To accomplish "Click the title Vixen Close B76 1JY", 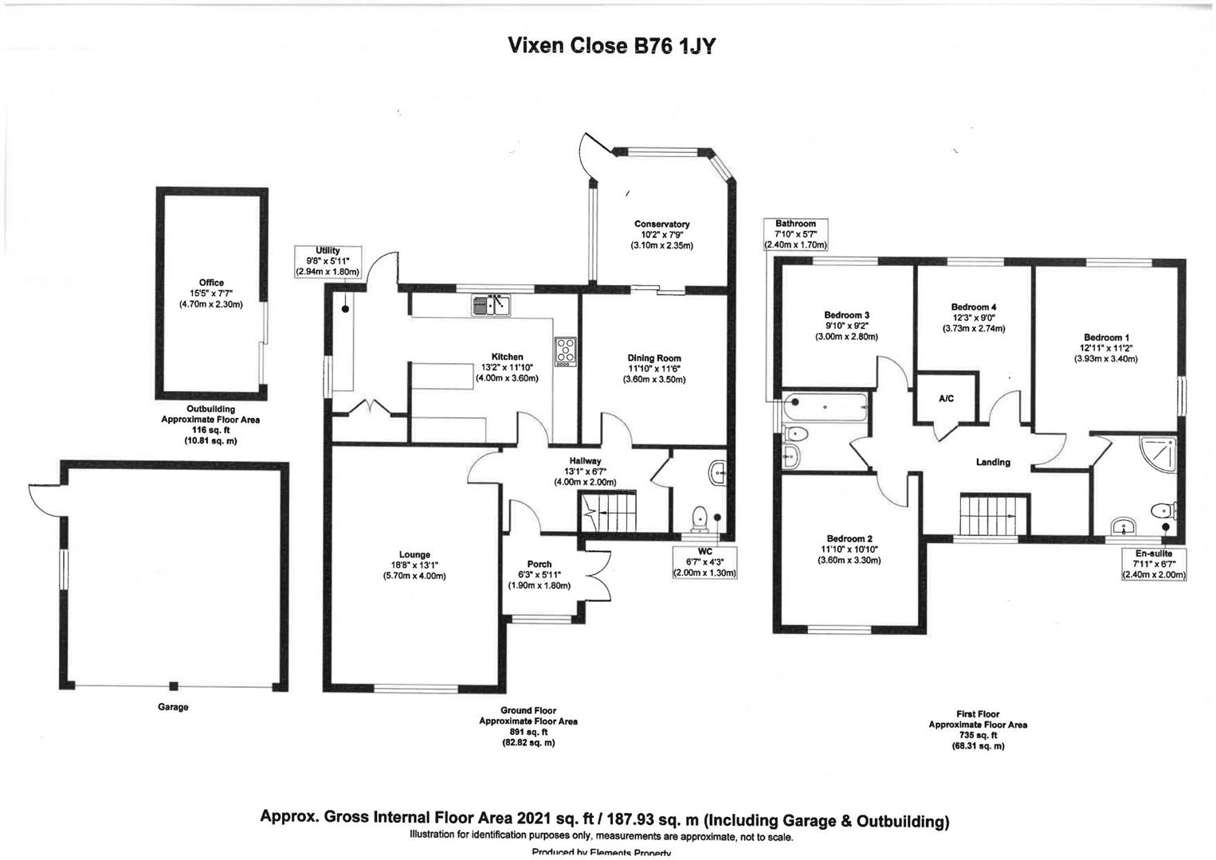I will click(x=611, y=46).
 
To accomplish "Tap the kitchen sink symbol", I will click(x=492, y=304).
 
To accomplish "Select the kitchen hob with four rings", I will click(x=565, y=352).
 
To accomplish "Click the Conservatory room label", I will click(x=661, y=225).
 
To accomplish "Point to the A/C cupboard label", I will click(x=946, y=398).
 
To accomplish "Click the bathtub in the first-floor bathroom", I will click(x=825, y=408).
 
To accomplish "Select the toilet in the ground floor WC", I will click(x=700, y=518).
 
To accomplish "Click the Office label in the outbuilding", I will click(x=211, y=283).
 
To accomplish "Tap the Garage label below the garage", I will click(x=173, y=707).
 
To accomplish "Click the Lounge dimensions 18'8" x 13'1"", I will click(x=414, y=565).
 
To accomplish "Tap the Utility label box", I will click(x=328, y=260).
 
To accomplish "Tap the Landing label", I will click(x=993, y=463).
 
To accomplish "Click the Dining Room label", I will click(x=653, y=358).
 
